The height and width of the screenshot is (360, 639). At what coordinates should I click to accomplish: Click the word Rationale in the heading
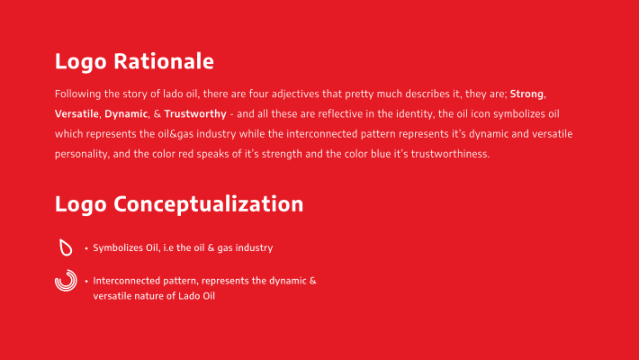tap(164, 61)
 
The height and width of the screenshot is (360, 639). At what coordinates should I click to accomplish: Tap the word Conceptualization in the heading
tap(208, 204)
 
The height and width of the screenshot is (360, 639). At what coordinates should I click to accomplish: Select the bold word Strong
tap(526, 94)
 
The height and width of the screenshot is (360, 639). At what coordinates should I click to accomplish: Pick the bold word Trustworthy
tap(195, 113)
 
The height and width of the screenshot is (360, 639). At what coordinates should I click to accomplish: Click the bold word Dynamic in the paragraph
tap(126, 113)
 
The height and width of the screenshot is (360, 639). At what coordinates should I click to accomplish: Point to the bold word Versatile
tap(76, 113)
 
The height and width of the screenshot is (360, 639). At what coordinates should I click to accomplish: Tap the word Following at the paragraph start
tap(77, 94)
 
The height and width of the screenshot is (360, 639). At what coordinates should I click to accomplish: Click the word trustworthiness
tap(449, 154)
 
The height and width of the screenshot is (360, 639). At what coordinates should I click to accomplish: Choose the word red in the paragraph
tap(185, 154)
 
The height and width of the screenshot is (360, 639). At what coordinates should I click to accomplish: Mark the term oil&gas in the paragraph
tap(175, 134)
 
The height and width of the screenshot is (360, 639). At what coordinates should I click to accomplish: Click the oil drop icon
tap(66, 247)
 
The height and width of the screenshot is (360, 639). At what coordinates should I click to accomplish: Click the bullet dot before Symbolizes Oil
tap(86, 248)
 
